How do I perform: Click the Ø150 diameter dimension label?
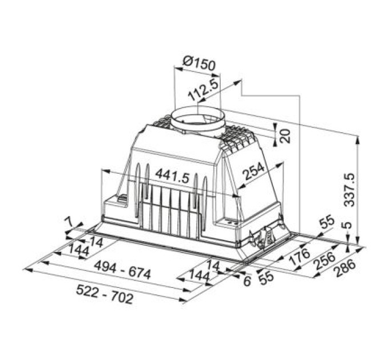pyautogui.click(x=199, y=63)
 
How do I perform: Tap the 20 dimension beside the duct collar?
pyautogui.click(x=285, y=135)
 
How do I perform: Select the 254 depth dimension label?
pyautogui.click(x=253, y=171)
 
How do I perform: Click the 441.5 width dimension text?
pyautogui.click(x=172, y=176)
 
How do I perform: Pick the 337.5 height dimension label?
pyautogui.click(x=350, y=190)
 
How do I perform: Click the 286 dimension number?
pyautogui.click(x=344, y=269)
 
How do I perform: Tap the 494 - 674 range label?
pyautogui.click(x=123, y=270)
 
